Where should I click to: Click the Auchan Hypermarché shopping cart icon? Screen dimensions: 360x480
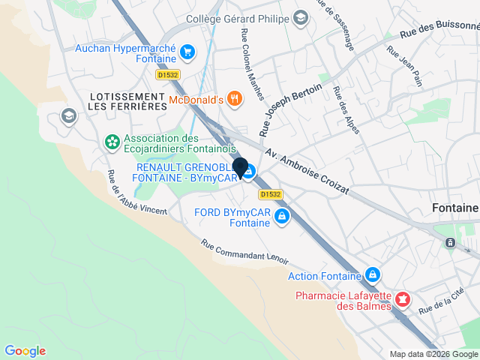tap(187, 52)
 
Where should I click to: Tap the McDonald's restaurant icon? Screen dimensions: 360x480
tap(235, 99)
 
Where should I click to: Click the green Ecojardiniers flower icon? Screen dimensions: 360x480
tap(112, 142)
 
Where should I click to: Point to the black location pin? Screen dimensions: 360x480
tap(240, 169)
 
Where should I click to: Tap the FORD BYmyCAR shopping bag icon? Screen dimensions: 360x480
tap(282, 217)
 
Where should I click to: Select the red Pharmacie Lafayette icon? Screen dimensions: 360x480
tap(403, 300)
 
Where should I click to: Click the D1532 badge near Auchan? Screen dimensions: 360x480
tap(167, 75)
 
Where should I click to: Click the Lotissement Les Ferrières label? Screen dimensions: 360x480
tap(127, 101)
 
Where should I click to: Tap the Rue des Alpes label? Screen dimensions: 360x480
tap(346, 110)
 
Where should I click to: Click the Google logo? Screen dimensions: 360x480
tap(25, 351)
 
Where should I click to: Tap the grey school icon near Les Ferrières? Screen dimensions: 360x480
tap(68, 115)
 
